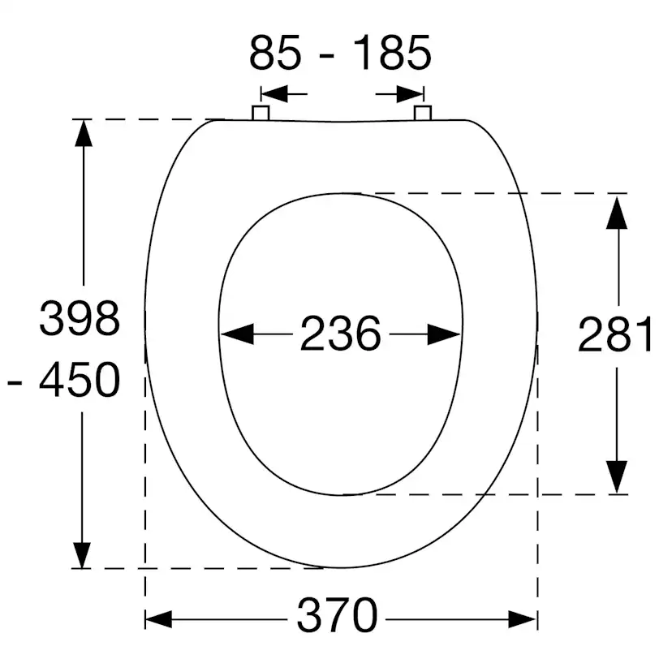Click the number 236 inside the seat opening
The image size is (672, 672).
pos(340,334)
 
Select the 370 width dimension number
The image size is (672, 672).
pos(338,615)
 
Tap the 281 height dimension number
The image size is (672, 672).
pos(615,334)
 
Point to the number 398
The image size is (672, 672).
pos(80,318)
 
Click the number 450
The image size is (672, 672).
pos(80,380)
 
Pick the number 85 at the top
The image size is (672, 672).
pos(275,52)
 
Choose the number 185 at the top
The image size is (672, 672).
pos(392,52)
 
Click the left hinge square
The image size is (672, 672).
pos(261,113)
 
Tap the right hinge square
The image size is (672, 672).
pos(423,113)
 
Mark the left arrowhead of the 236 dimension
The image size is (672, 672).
pos(237,334)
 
